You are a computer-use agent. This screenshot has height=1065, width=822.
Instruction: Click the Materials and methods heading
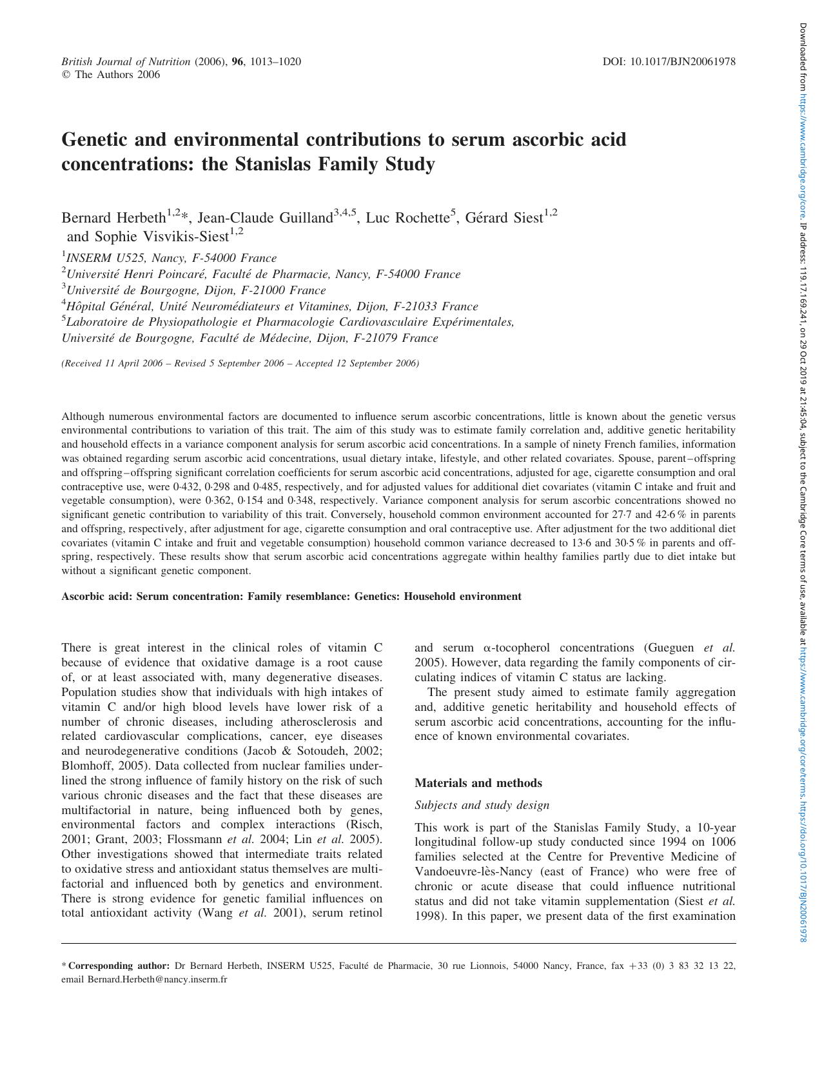[478, 783]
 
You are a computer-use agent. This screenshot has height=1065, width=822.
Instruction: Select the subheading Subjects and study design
[482, 805]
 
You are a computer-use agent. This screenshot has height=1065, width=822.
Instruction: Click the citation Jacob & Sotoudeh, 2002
[313, 751]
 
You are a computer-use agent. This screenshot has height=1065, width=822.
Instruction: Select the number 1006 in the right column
[723, 842]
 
